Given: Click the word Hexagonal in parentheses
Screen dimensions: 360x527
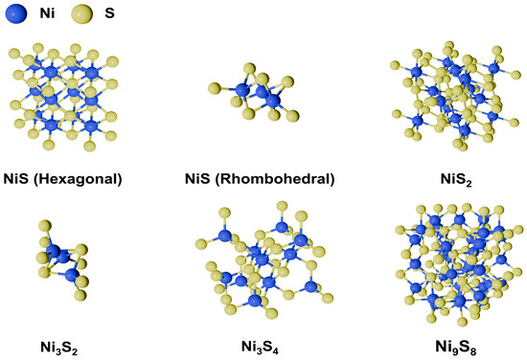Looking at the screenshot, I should pos(90,178).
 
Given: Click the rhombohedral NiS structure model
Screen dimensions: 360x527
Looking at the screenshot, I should pos(258,94).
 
